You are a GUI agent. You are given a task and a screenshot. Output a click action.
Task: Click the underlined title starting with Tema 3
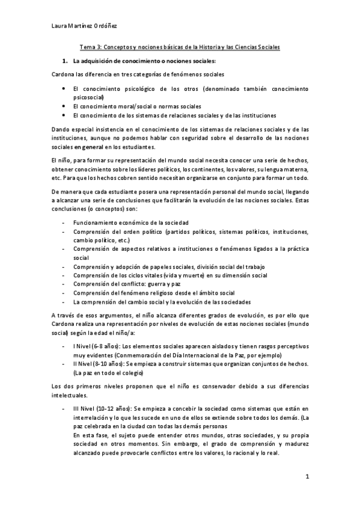(180, 47)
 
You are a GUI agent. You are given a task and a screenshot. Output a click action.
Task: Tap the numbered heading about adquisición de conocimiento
(144, 61)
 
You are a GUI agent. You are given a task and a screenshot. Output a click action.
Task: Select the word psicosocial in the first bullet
(88, 96)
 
